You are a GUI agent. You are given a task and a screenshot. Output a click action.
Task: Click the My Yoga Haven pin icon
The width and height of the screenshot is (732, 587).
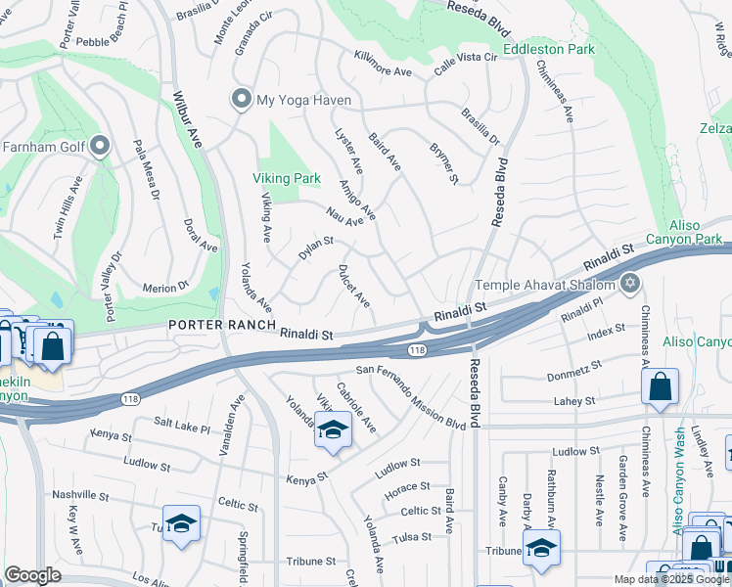(241, 99)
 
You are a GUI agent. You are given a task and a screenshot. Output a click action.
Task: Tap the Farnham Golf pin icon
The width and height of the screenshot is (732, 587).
(101, 148)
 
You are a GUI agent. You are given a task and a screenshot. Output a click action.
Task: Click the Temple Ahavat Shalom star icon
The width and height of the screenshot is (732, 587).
(630, 285)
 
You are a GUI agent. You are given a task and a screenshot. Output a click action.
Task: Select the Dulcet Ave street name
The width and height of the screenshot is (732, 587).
(353, 284)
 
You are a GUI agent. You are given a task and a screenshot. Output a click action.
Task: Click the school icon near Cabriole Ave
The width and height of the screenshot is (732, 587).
(333, 430)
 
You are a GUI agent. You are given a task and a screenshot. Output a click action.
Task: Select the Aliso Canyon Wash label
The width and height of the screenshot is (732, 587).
(678, 479)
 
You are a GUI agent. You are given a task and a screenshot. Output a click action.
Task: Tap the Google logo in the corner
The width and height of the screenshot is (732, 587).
(33, 575)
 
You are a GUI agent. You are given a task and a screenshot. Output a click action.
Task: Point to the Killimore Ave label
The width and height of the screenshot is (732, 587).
(383, 66)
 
